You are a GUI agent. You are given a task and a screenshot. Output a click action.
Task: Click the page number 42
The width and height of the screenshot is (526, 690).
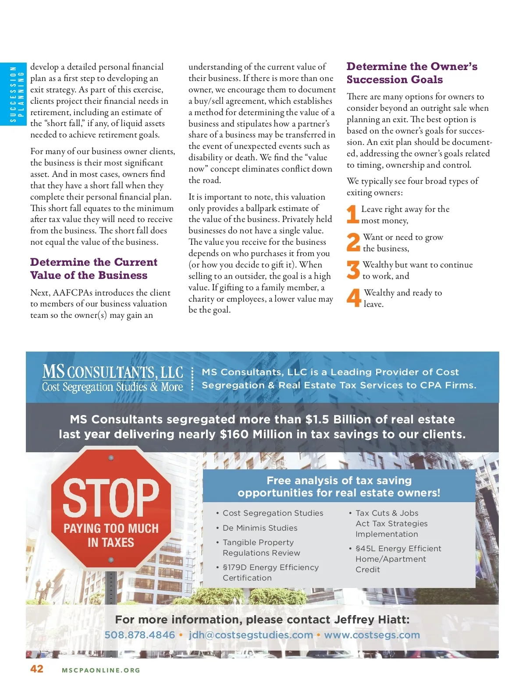click(37, 669)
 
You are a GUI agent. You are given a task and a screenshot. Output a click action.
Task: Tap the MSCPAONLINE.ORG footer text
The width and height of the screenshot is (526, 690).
click(101, 670)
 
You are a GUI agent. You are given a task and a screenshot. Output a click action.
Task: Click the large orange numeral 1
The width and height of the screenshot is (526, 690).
click(352, 215)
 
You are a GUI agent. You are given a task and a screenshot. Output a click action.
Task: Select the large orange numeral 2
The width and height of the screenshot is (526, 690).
click(353, 242)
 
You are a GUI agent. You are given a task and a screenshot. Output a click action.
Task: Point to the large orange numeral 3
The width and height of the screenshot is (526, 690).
click(353, 270)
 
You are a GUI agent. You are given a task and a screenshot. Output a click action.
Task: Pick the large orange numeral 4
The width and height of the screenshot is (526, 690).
click(353, 298)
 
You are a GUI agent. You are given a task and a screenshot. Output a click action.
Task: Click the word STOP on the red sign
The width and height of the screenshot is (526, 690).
click(111, 497)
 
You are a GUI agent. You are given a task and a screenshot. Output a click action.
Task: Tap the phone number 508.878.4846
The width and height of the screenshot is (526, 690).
click(139, 635)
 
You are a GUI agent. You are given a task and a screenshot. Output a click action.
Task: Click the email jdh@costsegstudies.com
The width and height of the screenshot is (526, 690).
click(251, 635)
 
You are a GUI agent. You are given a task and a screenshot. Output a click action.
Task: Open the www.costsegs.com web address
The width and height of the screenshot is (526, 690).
click(372, 635)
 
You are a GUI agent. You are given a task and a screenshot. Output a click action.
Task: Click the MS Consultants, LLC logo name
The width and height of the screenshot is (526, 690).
click(113, 372)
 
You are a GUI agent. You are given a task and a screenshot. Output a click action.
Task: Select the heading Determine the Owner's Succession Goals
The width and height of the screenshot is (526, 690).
click(412, 73)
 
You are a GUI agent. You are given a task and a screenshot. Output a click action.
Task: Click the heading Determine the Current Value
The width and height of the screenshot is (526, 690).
click(93, 268)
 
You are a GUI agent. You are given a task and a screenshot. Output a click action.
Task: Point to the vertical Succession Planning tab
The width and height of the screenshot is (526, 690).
click(13, 94)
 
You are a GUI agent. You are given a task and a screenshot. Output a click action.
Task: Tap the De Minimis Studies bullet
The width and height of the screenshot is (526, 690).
click(259, 528)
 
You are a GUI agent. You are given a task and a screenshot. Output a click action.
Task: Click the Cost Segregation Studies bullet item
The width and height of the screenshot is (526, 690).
click(273, 513)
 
